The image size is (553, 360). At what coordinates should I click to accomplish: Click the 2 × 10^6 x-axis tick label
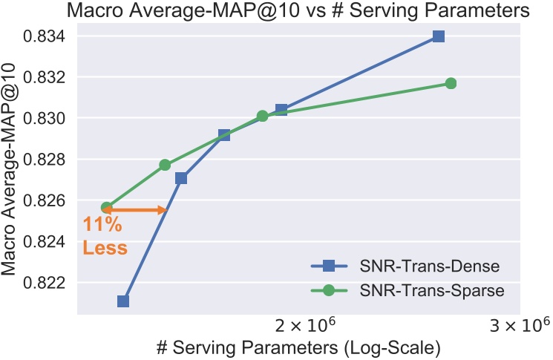coord(301,326)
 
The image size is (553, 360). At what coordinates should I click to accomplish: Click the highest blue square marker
coord(439,36)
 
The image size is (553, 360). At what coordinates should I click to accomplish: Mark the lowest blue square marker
coord(123,301)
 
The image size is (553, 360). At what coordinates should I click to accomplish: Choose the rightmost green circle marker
coord(451,83)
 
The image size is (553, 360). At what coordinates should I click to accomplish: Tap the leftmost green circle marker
coord(107,208)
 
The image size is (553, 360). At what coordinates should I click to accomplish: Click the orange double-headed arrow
coord(136,210)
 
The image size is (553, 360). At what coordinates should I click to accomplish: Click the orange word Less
coord(105,248)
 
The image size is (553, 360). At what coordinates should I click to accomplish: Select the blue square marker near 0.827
coord(181,178)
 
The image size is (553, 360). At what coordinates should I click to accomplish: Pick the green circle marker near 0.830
coord(262,116)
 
